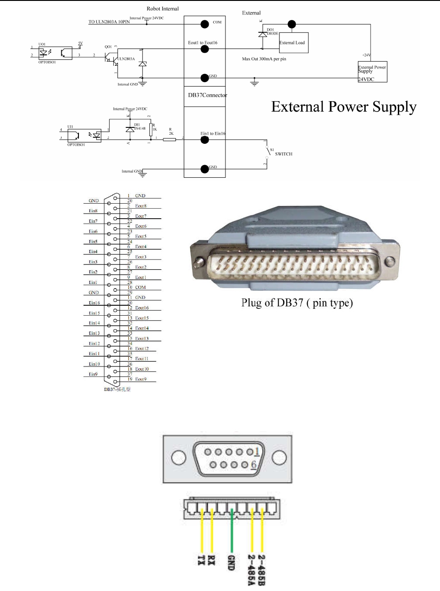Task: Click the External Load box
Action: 293,43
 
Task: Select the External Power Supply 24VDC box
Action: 372,72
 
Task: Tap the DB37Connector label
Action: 207,95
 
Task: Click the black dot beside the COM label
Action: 205,24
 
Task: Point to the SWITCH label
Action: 284,154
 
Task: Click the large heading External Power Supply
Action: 343,107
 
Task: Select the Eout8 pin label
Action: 141,206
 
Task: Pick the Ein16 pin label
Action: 94,303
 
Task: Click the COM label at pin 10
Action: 141,288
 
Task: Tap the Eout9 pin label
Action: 141,379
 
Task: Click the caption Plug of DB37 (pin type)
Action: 297,303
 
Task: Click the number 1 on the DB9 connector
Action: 257,451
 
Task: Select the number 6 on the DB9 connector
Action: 254,464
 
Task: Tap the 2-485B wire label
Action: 261,570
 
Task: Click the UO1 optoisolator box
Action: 55,53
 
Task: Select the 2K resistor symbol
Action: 169,140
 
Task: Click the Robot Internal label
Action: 162,9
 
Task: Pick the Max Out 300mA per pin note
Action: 264,59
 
